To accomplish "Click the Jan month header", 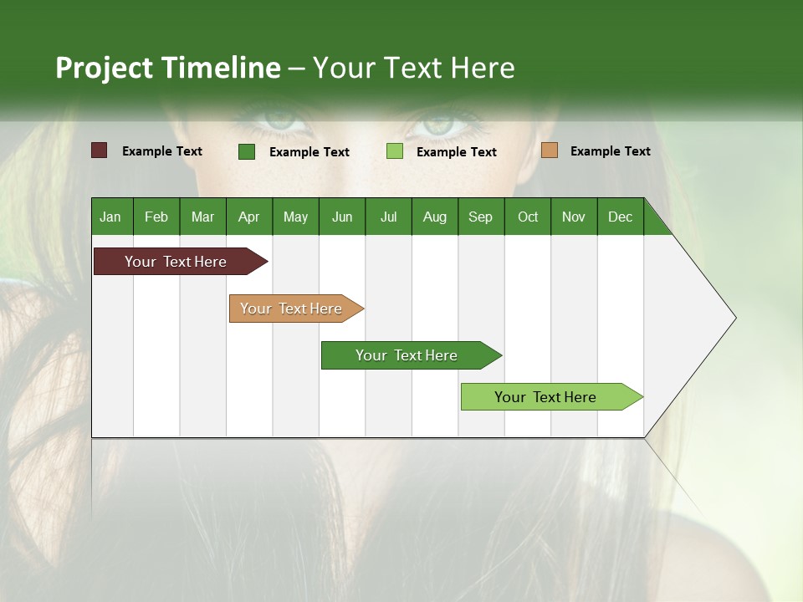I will (x=111, y=217).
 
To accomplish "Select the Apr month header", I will (x=248, y=217).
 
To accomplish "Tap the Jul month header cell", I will (x=388, y=217).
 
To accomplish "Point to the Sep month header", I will (x=480, y=217).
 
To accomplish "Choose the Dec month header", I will (x=620, y=217).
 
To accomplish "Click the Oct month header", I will (x=528, y=217).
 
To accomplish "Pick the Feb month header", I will (x=156, y=217).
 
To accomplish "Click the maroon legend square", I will (x=100, y=150).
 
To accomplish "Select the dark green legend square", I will (x=247, y=151).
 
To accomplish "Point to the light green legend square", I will (x=395, y=151).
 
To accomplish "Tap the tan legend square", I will (x=550, y=150).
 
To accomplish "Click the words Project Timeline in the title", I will (x=168, y=68).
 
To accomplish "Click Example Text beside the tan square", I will (x=610, y=151).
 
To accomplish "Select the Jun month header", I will (x=342, y=217).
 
